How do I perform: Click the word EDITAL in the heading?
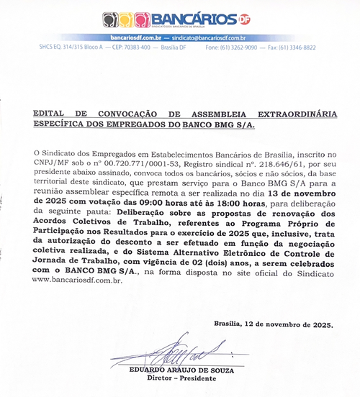(53, 114)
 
